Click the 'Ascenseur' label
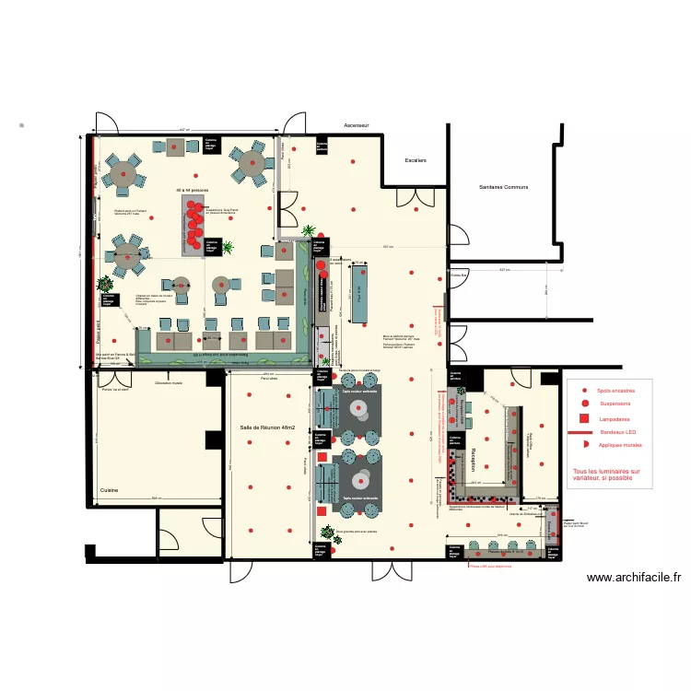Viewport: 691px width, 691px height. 356,124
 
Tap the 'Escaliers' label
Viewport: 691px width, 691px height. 416,160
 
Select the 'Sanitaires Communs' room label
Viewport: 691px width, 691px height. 503,187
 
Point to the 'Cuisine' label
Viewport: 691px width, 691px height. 110,491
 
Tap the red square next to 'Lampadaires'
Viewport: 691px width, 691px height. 584,418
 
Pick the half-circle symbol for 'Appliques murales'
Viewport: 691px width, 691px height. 584,445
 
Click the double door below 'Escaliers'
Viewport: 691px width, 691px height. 410,198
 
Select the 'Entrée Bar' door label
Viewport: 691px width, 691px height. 459,275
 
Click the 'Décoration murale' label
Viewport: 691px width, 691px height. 169,381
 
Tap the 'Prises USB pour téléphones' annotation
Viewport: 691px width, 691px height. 491,568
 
